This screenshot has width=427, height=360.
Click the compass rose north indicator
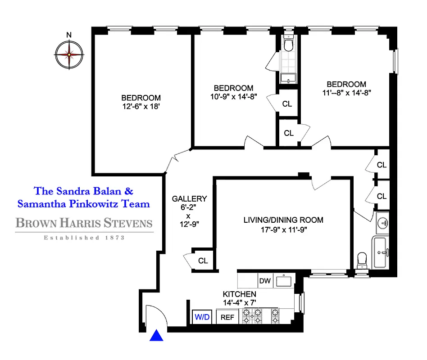(x=69, y=35)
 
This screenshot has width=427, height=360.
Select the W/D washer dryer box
(x=202, y=317)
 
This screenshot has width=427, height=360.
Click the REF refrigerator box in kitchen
(x=227, y=317)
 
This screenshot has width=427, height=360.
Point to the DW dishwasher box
(x=265, y=281)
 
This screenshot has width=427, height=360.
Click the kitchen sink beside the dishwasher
(x=284, y=281)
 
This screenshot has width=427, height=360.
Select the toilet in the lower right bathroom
(x=361, y=260)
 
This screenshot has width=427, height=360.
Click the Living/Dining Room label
(x=283, y=220)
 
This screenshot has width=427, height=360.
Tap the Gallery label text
(x=190, y=198)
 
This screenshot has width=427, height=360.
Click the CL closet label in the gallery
(x=203, y=261)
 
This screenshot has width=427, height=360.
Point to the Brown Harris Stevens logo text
(x=84, y=223)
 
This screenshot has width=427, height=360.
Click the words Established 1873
(x=84, y=238)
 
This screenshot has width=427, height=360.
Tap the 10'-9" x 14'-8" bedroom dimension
(x=233, y=97)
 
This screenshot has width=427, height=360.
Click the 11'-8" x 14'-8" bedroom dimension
(x=346, y=93)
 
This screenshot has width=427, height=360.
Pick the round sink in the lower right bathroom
(x=383, y=222)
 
